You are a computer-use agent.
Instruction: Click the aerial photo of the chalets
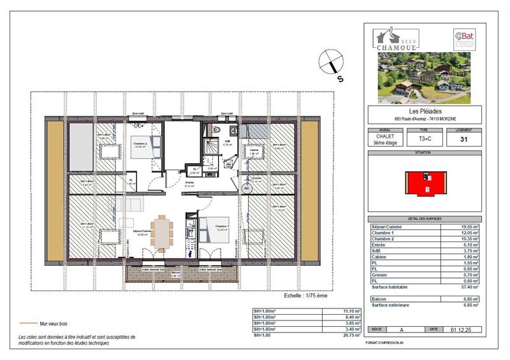tap(423, 78)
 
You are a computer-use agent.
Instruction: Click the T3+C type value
tap(423, 139)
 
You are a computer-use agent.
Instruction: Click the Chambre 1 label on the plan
tap(221, 226)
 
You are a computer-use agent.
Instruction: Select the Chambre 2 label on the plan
tap(140, 144)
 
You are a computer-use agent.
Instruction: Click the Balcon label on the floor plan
tap(175, 273)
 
